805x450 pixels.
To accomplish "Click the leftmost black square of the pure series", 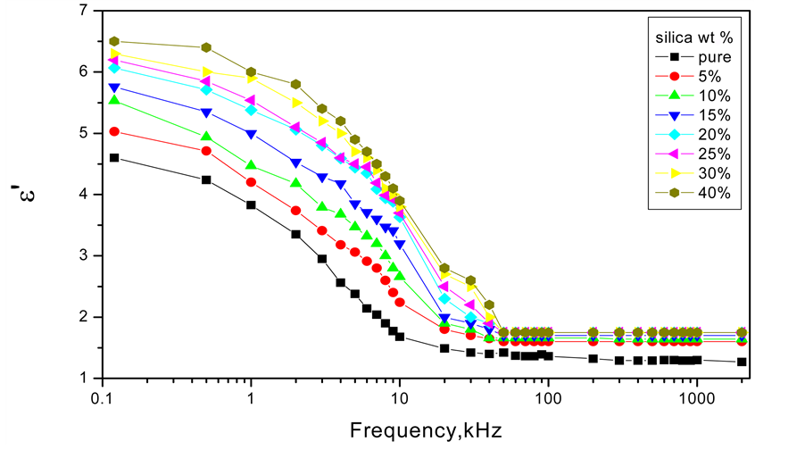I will pos(114,157).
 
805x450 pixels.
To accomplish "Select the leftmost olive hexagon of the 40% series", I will pos(114,41).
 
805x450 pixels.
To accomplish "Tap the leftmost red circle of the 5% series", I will pos(114,131).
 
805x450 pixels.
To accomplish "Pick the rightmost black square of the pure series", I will pos(742,362).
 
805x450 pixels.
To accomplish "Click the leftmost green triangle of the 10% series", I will pos(114,100).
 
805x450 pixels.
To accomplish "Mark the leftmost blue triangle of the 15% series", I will pos(114,87).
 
